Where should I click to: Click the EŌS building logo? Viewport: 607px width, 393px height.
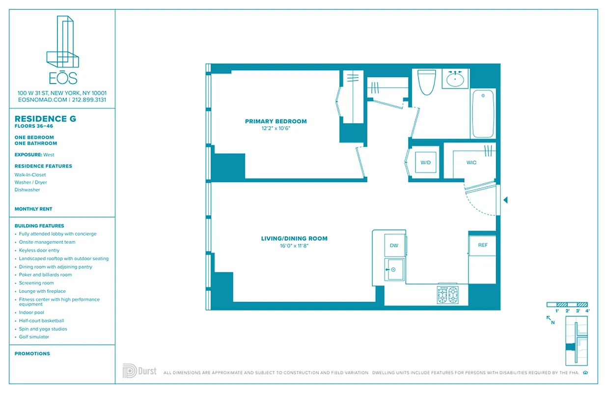pos(62,49)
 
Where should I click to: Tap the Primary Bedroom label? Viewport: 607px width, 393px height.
pos(276,121)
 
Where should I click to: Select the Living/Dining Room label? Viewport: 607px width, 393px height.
pos(294,238)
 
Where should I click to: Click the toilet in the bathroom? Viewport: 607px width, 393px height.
pos(426,82)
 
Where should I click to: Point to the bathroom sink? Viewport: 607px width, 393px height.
pos(455,79)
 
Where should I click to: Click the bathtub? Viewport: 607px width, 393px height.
pos(483,113)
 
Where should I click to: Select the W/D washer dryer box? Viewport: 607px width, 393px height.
pos(425,162)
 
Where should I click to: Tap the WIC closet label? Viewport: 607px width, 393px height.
pos(471,162)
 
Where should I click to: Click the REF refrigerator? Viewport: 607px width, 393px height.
pos(482,245)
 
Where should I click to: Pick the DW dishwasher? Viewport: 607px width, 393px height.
pos(394,245)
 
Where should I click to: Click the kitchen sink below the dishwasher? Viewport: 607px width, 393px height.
pos(394,269)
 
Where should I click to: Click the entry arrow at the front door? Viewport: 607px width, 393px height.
pos(505,200)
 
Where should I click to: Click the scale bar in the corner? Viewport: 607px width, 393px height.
pos(567,305)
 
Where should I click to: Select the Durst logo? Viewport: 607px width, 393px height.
pos(139,371)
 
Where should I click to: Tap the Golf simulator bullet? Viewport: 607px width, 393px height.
pos(34,337)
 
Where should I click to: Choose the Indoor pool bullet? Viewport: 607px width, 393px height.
pos(31,312)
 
